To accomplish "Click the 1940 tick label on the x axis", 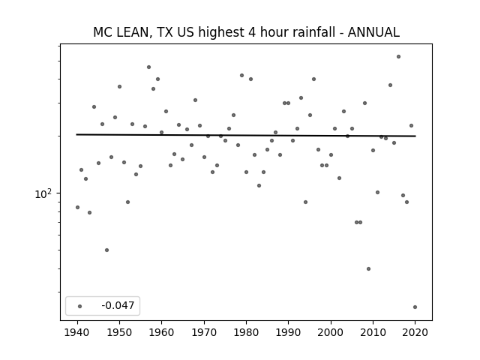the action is click(77, 332).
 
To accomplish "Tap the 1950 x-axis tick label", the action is click(120, 332).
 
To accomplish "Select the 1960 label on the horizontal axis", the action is click(162, 332).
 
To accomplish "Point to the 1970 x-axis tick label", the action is click(204, 332).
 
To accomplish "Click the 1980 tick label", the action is click(246, 332).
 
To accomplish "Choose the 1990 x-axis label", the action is click(288, 332).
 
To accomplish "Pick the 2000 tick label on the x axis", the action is click(331, 332).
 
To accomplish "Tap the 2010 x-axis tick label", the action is click(373, 332).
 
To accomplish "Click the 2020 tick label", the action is click(415, 332).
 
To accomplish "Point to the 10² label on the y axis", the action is click(43, 194).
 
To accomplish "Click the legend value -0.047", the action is click(118, 305).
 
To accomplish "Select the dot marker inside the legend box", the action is click(80, 306).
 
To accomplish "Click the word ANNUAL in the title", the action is click(373, 32).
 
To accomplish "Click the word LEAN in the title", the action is click(133, 32).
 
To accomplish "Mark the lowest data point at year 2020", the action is click(415, 307).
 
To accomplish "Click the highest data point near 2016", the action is click(398, 57).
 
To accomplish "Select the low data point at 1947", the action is click(106, 250).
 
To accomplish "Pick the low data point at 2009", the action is click(368, 268).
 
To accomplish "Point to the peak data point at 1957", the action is click(148, 67).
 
